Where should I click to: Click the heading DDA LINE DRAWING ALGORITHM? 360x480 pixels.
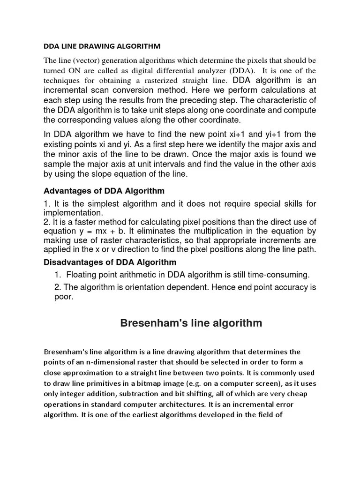[102, 46]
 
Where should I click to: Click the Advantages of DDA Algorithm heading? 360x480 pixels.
[104, 191]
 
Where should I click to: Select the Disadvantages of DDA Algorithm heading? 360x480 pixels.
[110, 262]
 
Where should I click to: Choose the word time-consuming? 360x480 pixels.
[277, 274]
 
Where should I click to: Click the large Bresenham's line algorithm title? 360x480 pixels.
[191, 323]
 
